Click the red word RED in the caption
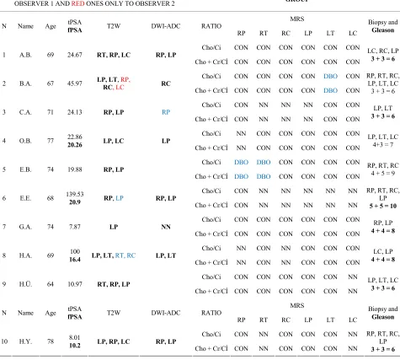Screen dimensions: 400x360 click(77, 4)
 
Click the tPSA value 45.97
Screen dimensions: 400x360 click(75, 83)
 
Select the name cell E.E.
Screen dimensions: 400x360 click(25, 198)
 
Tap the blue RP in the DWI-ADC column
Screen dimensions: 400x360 click(166, 112)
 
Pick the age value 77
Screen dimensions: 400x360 click(51, 141)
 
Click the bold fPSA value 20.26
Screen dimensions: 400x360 click(75, 145)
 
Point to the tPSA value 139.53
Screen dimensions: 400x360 click(75, 194)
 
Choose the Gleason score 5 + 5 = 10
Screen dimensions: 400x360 click(383, 206)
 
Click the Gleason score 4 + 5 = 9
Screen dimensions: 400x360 click(383, 173)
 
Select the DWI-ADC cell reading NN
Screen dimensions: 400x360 click(166, 227)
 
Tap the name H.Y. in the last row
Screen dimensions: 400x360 click(25, 341)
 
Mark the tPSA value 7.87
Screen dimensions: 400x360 click(75, 227)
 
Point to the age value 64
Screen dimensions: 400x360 click(51, 284)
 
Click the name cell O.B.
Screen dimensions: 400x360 click(25, 141)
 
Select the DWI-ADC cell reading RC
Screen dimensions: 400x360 click(166, 83)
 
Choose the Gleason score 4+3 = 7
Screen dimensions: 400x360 click(383, 144)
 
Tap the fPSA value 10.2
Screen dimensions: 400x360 click(75, 346)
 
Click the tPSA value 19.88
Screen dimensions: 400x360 click(75, 169)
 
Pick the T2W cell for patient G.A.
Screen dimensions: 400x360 click(114, 227)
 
